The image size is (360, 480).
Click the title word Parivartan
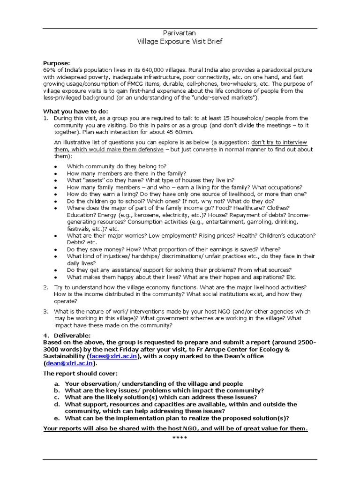click(180, 33)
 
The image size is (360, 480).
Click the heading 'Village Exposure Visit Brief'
click(180, 41)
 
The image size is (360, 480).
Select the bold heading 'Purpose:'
click(56, 63)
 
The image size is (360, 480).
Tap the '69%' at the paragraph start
click(49, 70)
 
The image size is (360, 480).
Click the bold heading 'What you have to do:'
click(75, 111)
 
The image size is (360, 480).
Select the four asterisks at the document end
click(180, 438)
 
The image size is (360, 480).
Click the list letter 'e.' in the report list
click(57, 418)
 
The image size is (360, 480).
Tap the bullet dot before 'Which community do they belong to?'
click(55, 166)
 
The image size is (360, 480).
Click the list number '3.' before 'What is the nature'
click(46, 311)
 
